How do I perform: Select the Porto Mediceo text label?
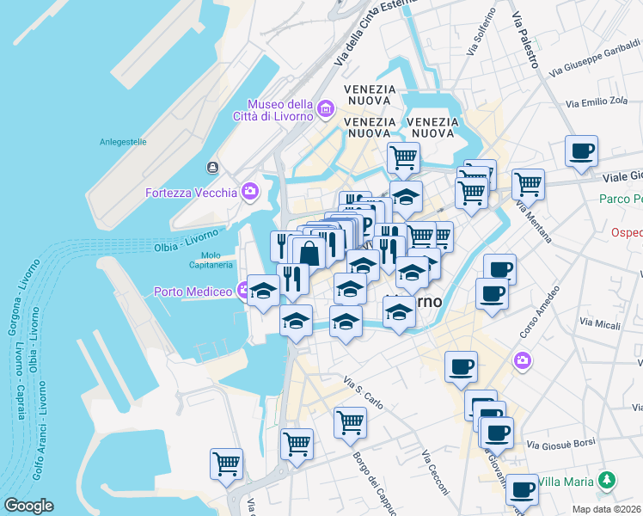coord(193,292)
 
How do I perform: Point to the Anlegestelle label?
coord(123,142)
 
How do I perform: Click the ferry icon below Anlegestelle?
coord(211,167)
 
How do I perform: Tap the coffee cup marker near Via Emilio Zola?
coord(581,151)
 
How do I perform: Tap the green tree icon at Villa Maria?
coord(608,478)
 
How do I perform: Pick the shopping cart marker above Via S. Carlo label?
coord(349,421)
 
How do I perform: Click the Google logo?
coord(28,506)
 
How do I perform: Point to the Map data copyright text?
coord(607,508)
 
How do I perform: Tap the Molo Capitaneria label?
coord(216,260)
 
